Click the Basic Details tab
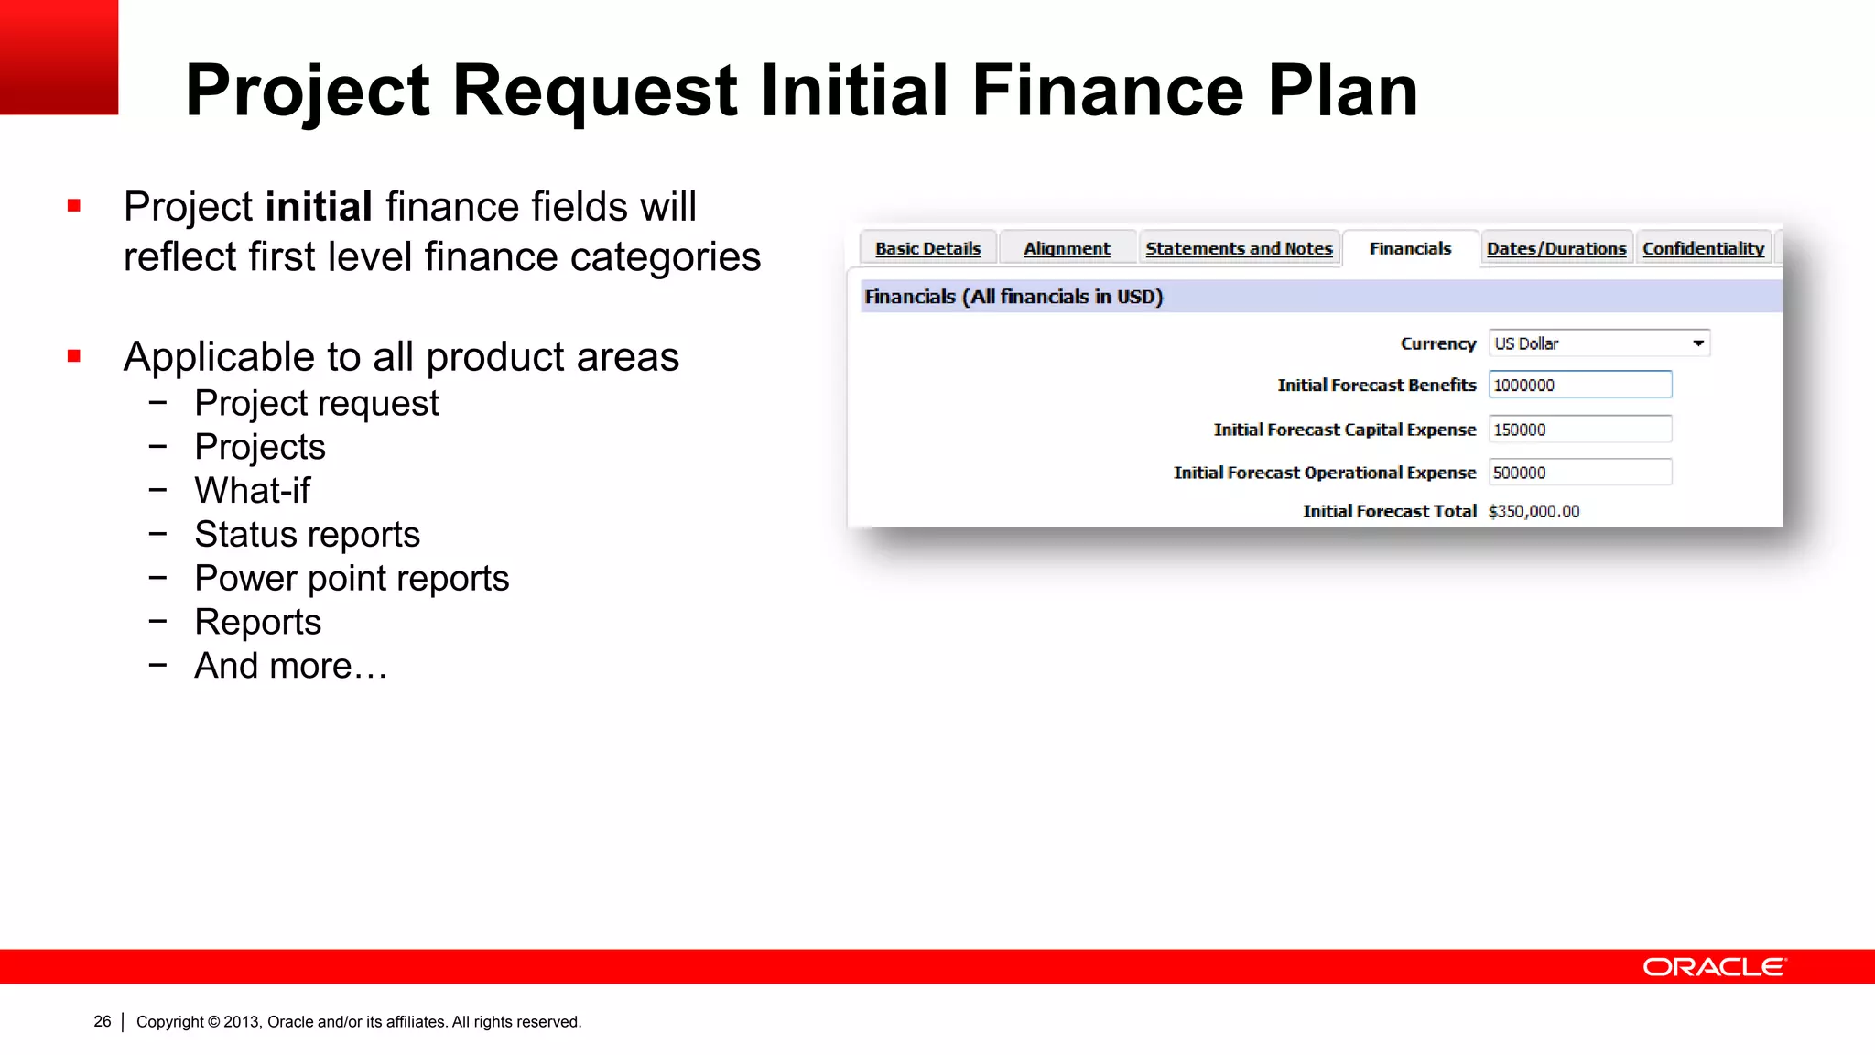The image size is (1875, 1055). [x=927, y=248]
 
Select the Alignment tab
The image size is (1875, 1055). [x=1067, y=248]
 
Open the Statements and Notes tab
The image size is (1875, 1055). [x=1239, y=248]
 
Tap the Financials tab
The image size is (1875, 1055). [x=1410, y=248]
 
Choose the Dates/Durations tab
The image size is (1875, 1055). [x=1556, y=248]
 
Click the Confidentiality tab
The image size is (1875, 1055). [x=1703, y=248]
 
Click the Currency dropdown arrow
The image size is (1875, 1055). [x=1698, y=343]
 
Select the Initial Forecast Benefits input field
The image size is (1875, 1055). [x=1579, y=385]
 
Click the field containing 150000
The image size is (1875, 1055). [x=1579, y=430]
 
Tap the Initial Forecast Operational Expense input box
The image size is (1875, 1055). [x=1579, y=473]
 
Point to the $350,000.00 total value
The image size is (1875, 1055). [x=1534, y=511]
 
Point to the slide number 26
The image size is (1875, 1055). [x=103, y=1021]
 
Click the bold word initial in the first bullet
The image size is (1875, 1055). [x=318, y=207]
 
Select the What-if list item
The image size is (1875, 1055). [x=253, y=491]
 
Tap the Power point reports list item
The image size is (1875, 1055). [x=352, y=579]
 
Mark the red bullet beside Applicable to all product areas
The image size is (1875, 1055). [x=74, y=355]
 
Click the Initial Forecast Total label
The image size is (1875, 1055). [x=1389, y=511]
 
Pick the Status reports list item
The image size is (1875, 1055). [x=307, y=535]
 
